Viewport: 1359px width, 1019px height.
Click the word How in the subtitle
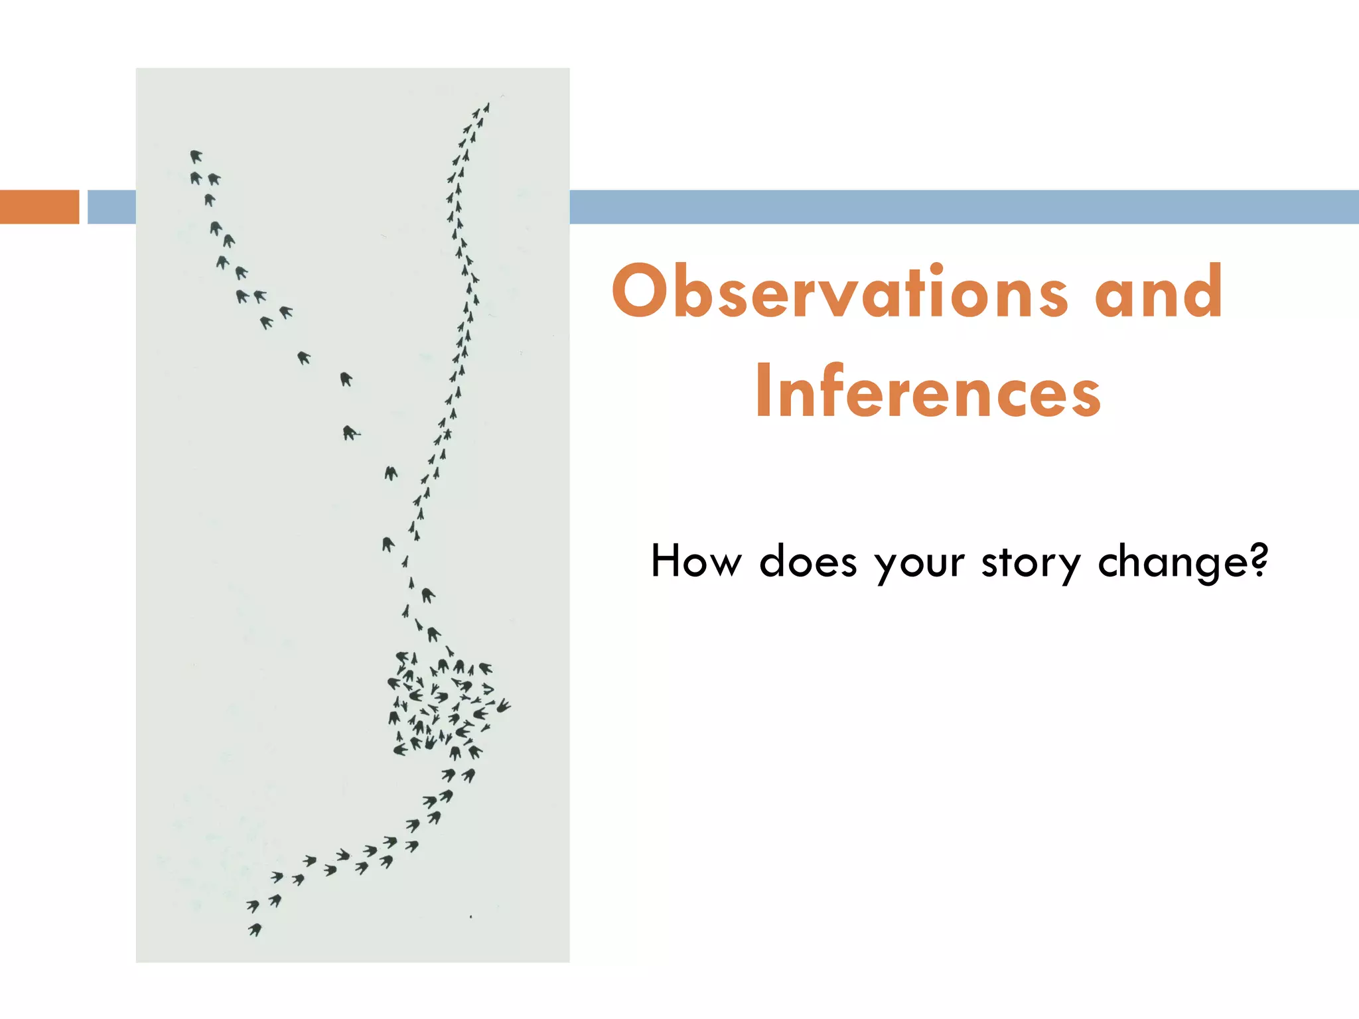695,561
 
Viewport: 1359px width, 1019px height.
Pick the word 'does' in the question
808,561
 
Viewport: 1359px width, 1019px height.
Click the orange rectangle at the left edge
40,207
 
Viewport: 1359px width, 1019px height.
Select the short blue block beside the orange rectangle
111,207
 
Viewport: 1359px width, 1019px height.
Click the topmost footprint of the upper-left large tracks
196,157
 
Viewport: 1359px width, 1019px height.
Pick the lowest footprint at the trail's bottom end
255,930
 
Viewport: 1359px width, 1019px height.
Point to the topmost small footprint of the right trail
487,107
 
